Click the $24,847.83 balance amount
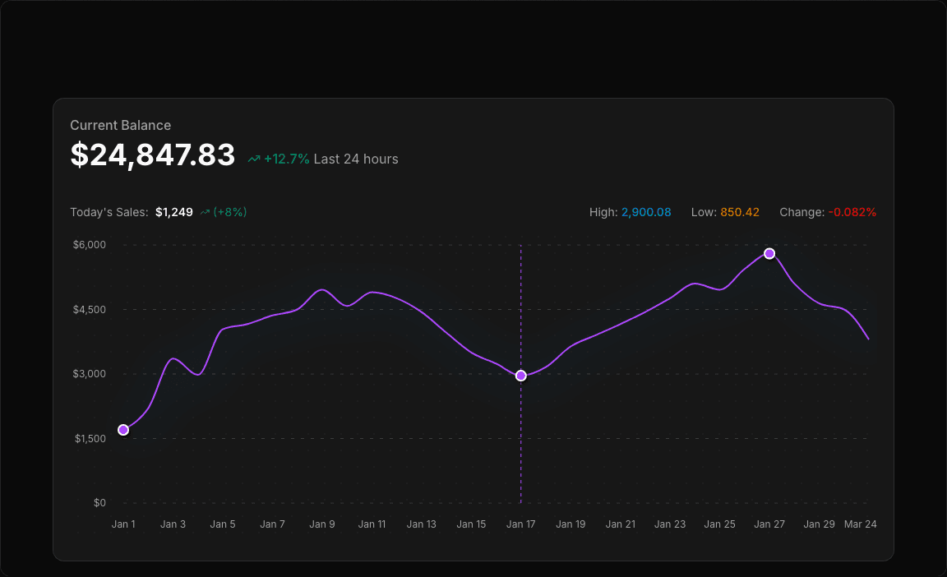point(153,155)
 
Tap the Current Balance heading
point(121,125)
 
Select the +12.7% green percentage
point(287,159)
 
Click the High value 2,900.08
point(646,212)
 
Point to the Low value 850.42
point(740,212)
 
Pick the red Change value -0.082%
point(852,212)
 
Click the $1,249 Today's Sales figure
point(174,212)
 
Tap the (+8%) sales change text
point(230,212)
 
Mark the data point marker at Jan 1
point(123,430)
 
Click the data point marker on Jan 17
point(521,376)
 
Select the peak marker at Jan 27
point(769,253)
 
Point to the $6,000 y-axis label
point(90,245)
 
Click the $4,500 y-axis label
point(90,310)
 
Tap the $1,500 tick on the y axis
point(90,439)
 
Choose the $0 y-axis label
point(99,503)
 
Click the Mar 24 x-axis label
point(861,524)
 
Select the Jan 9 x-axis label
point(322,524)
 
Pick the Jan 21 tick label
point(621,524)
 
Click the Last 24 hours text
point(356,159)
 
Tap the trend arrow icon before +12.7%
point(254,159)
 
